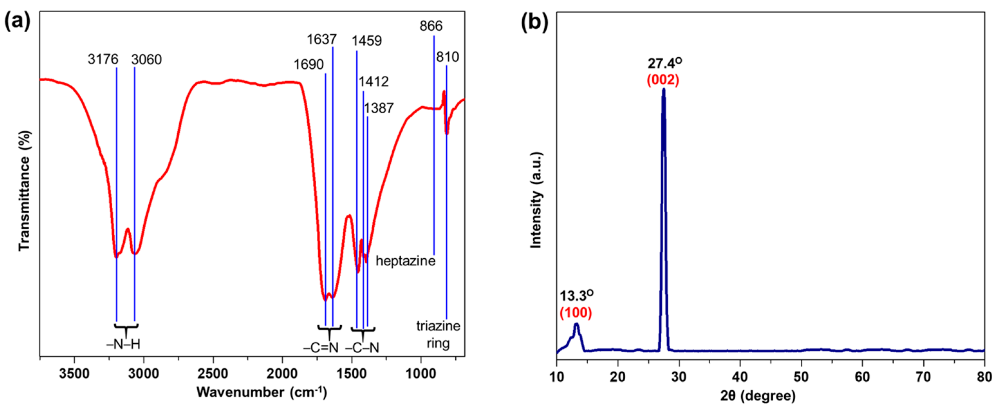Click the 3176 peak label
click(x=103, y=60)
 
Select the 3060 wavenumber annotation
click(x=146, y=60)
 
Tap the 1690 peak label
click(x=309, y=65)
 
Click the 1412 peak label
click(x=374, y=82)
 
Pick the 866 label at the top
click(x=431, y=26)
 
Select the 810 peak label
click(x=447, y=57)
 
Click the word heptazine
click(x=405, y=261)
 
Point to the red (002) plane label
click(x=663, y=80)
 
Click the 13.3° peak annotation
click(x=576, y=296)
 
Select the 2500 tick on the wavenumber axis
click(x=213, y=374)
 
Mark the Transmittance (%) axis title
click(x=24, y=191)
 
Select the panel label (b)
click(x=535, y=23)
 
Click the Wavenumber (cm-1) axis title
click(x=262, y=392)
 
